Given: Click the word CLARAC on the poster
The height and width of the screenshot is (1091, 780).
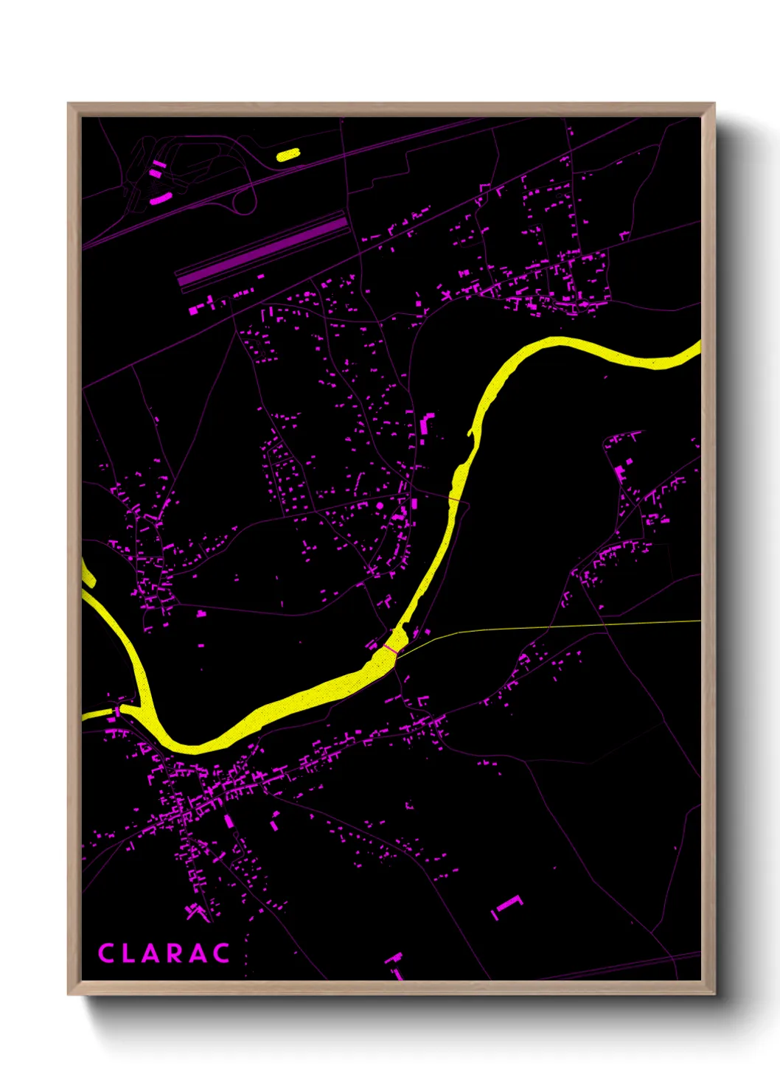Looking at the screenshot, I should click(164, 953).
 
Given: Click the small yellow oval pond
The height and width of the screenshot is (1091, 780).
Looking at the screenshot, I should click(288, 155).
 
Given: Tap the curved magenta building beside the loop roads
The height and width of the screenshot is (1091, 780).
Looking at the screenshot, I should click(160, 198).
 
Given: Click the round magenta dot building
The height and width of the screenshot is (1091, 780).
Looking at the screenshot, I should click(380, 506).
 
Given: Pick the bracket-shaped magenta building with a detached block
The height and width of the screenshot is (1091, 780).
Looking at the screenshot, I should click(506, 905).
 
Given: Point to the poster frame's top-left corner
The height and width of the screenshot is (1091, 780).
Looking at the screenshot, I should click(69, 104).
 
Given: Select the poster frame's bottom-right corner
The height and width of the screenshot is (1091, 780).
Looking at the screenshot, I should click(714, 994).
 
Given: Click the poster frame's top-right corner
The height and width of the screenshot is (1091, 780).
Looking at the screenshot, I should click(714, 104).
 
